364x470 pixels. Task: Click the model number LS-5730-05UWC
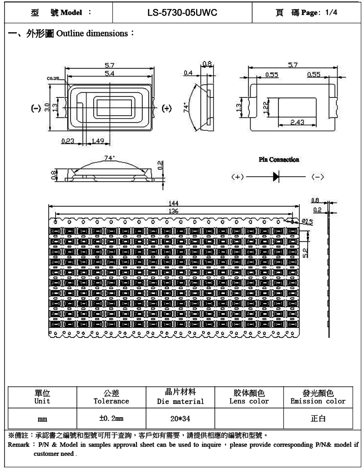[x=182, y=13]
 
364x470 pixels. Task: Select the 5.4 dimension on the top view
[x=110, y=73]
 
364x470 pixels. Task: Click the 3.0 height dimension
[x=47, y=108]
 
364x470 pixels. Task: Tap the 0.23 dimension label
[x=68, y=141]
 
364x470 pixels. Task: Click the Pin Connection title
[x=279, y=159]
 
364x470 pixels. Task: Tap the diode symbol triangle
[x=276, y=176]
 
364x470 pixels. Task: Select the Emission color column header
[x=318, y=401]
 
